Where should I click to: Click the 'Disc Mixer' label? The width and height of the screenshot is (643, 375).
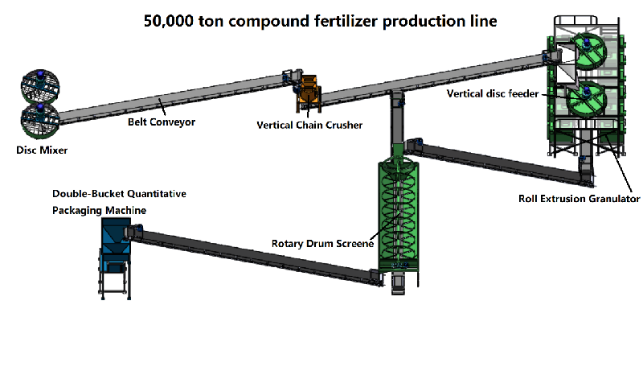(42, 150)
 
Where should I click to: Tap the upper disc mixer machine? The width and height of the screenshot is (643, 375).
(40, 86)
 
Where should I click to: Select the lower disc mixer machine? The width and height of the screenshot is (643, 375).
(40, 121)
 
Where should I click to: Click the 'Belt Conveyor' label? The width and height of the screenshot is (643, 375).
(162, 122)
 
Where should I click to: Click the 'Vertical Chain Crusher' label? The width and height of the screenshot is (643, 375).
(309, 126)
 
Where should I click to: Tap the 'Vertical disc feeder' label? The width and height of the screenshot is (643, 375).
(493, 94)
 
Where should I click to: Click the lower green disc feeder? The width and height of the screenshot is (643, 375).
(587, 97)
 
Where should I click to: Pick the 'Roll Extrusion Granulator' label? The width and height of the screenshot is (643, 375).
(579, 199)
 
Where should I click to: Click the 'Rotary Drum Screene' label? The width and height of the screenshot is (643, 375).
(322, 244)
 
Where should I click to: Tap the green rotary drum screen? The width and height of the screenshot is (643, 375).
(399, 213)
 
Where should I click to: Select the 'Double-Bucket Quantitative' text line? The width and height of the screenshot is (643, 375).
(119, 194)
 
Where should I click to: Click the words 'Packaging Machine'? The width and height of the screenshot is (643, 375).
(99, 211)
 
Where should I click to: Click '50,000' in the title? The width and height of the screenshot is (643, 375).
(168, 22)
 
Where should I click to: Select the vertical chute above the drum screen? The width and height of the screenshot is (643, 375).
(397, 122)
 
